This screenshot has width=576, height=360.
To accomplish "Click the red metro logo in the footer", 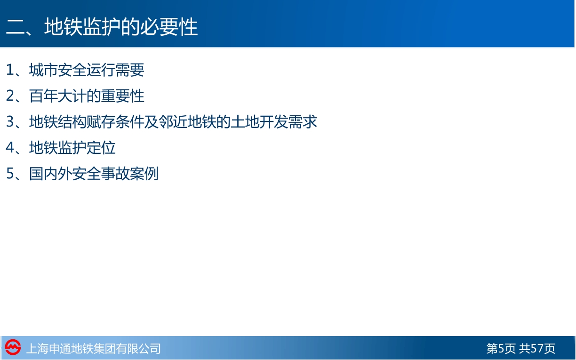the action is coord(13,347).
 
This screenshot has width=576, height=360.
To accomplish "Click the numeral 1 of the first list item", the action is coord(10,70).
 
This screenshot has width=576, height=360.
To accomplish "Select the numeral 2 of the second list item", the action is coord(10,96).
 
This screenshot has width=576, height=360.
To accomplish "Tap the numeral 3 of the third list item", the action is coord(10,121).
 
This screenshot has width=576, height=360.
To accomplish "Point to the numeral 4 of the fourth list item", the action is coord(10,148).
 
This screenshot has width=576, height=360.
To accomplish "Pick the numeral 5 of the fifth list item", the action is coord(10,174).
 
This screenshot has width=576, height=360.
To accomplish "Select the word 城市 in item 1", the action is coord(43,70).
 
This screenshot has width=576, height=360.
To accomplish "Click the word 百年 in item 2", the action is coord(43,96).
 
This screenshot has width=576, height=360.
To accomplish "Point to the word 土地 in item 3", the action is coord(245,121).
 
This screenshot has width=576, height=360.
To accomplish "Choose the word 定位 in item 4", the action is coord(101,148).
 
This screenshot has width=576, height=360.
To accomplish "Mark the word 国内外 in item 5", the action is coord(50,174).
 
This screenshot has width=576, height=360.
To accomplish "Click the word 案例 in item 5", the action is coord(144,174).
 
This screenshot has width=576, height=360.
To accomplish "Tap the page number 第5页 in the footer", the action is coord(501,348).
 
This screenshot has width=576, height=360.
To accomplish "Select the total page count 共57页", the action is coord(537,348).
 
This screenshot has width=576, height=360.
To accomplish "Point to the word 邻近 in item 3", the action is coord(173,121).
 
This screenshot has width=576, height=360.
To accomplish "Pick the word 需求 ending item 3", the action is coord(303,121).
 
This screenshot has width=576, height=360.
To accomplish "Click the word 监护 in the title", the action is coord(102,27).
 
